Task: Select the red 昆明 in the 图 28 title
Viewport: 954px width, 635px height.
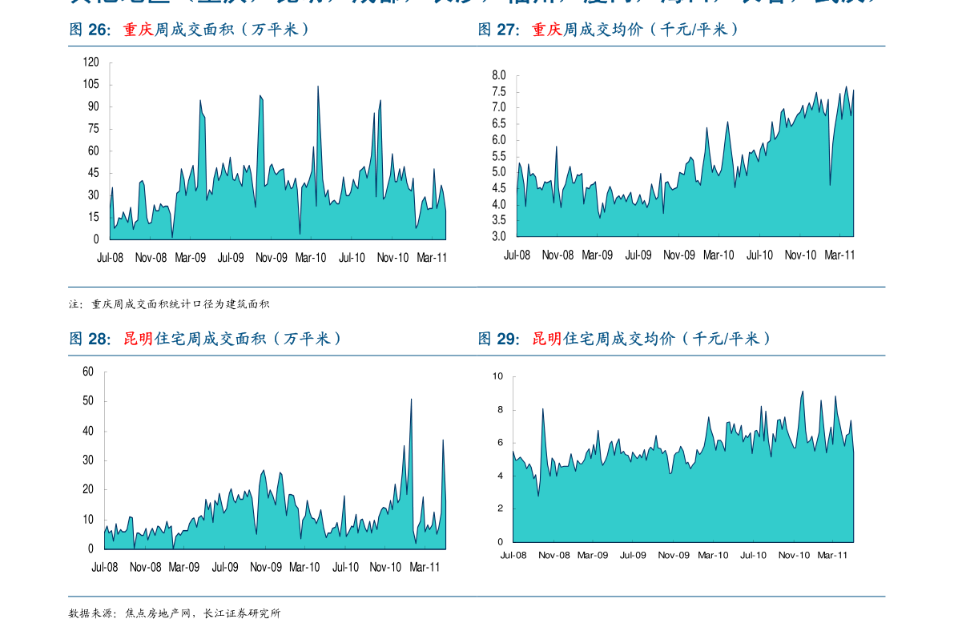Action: click(x=138, y=339)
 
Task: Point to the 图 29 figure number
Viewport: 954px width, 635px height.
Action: click(x=498, y=339)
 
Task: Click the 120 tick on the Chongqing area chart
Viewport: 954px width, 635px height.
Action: click(x=91, y=62)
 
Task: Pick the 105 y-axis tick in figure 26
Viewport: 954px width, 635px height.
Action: click(x=91, y=84)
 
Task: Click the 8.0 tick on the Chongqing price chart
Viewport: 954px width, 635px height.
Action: click(x=499, y=75)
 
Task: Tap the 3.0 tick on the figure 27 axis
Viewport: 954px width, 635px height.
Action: click(x=499, y=237)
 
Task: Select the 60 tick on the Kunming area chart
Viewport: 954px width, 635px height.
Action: click(x=88, y=372)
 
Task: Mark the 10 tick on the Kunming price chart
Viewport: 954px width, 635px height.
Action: click(x=498, y=376)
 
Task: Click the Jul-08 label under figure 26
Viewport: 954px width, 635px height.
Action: click(x=110, y=258)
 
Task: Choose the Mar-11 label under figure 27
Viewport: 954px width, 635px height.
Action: click(x=839, y=255)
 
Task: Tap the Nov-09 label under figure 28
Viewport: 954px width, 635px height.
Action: click(x=265, y=567)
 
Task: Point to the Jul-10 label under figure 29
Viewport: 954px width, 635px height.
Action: click(x=753, y=555)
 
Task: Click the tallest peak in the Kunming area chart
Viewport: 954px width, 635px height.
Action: click(x=412, y=400)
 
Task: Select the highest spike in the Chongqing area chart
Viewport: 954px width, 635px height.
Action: click(x=318, y=86)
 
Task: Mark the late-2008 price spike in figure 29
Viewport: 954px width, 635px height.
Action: click(x=543, y=409)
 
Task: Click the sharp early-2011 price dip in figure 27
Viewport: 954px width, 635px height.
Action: click(x=830, y=185)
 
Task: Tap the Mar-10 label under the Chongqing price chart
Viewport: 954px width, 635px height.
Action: click(x=719, y=255)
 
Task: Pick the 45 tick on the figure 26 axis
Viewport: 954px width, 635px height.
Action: click(x=93, y=173)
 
